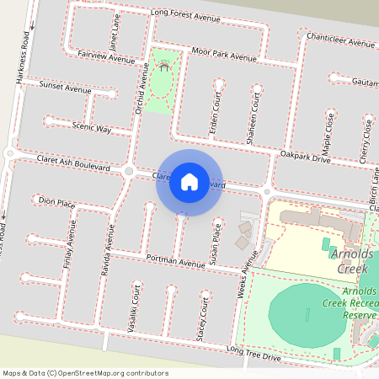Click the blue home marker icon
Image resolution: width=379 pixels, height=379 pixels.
[189, 181]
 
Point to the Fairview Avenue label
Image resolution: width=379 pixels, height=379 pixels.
[106, 61]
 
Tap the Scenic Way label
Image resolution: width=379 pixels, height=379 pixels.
[92, 128]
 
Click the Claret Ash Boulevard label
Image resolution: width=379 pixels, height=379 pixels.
[73, 163]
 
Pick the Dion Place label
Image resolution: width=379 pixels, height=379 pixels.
[57, 202]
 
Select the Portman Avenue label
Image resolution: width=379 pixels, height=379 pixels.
[175, 262]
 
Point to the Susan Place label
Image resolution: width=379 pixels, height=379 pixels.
[216, 242]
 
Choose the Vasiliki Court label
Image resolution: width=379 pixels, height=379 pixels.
[135, 309]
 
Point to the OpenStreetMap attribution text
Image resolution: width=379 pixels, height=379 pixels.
[85, 373]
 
